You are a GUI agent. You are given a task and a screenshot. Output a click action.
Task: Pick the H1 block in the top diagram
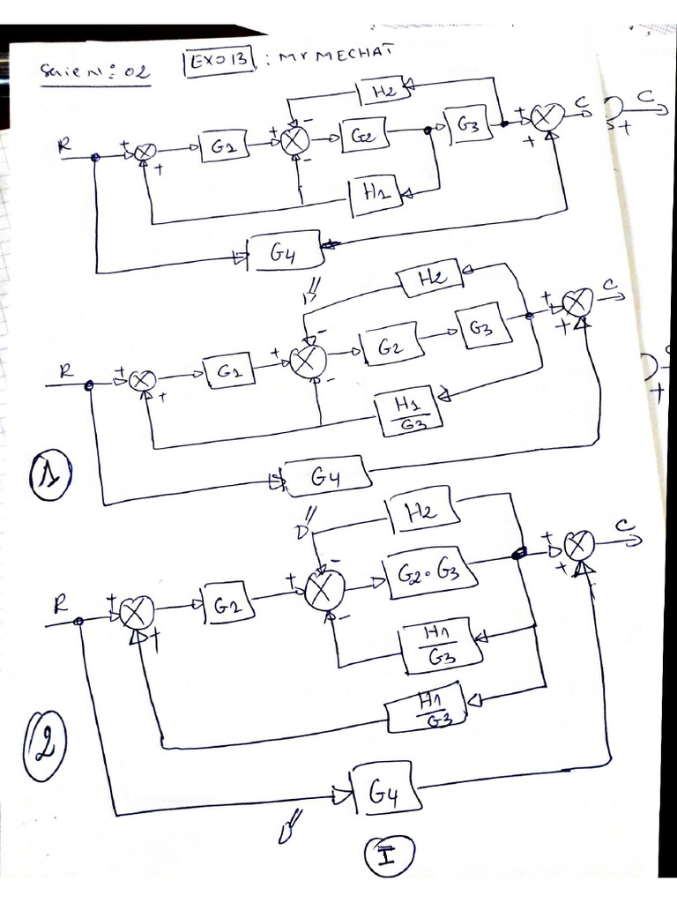pos(375,195)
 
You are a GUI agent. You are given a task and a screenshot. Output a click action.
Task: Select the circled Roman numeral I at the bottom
pos(387,855)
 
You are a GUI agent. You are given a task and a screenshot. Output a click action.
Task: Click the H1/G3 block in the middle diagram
pos(407,408)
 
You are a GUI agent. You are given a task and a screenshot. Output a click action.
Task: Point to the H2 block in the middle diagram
pos(430,278)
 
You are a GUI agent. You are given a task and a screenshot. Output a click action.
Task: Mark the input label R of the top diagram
pos(64,146)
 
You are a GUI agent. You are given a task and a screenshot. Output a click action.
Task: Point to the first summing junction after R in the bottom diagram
pos(137,611)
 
